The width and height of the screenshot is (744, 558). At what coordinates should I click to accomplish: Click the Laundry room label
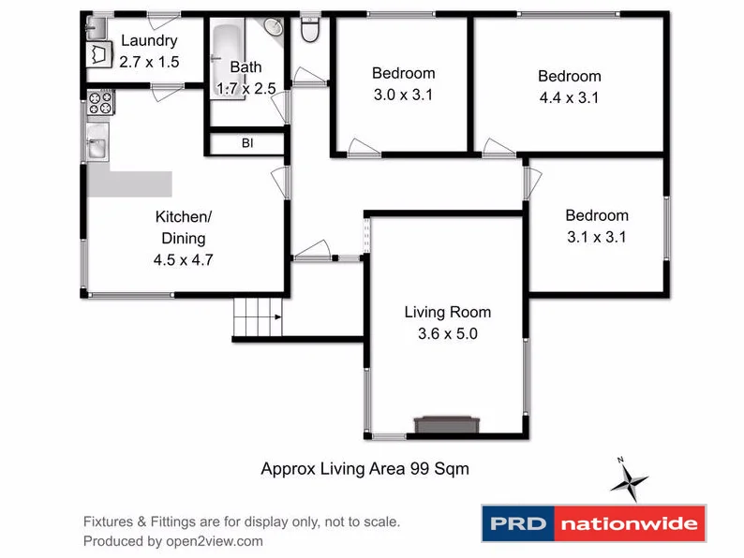[x=149, y=41]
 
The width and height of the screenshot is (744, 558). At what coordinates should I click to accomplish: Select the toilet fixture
[x=310, y=31]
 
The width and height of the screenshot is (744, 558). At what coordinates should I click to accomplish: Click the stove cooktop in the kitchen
[x=99, y=103]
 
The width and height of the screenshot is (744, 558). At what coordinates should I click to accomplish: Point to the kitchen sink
[x=97, y=148]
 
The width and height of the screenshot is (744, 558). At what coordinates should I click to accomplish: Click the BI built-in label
[x=246, y=143]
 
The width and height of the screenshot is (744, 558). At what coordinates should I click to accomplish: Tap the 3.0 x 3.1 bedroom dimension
[x=404, y=95]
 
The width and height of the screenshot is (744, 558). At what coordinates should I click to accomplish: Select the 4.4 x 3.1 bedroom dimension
[x=569, y=97]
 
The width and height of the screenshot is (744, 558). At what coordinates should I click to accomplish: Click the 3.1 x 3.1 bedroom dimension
[x=597, y=238]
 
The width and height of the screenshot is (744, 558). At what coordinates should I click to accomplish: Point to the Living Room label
[x=447, y=313]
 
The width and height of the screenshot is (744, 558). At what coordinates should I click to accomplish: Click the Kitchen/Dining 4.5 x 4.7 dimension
[x=185, y=261]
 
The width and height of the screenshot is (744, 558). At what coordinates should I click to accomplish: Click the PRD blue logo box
[x=517, y=523]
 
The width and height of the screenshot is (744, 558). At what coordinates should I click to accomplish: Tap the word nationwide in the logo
[x=629, y=523]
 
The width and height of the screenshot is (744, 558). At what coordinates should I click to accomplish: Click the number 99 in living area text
[x=421, y=468]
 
